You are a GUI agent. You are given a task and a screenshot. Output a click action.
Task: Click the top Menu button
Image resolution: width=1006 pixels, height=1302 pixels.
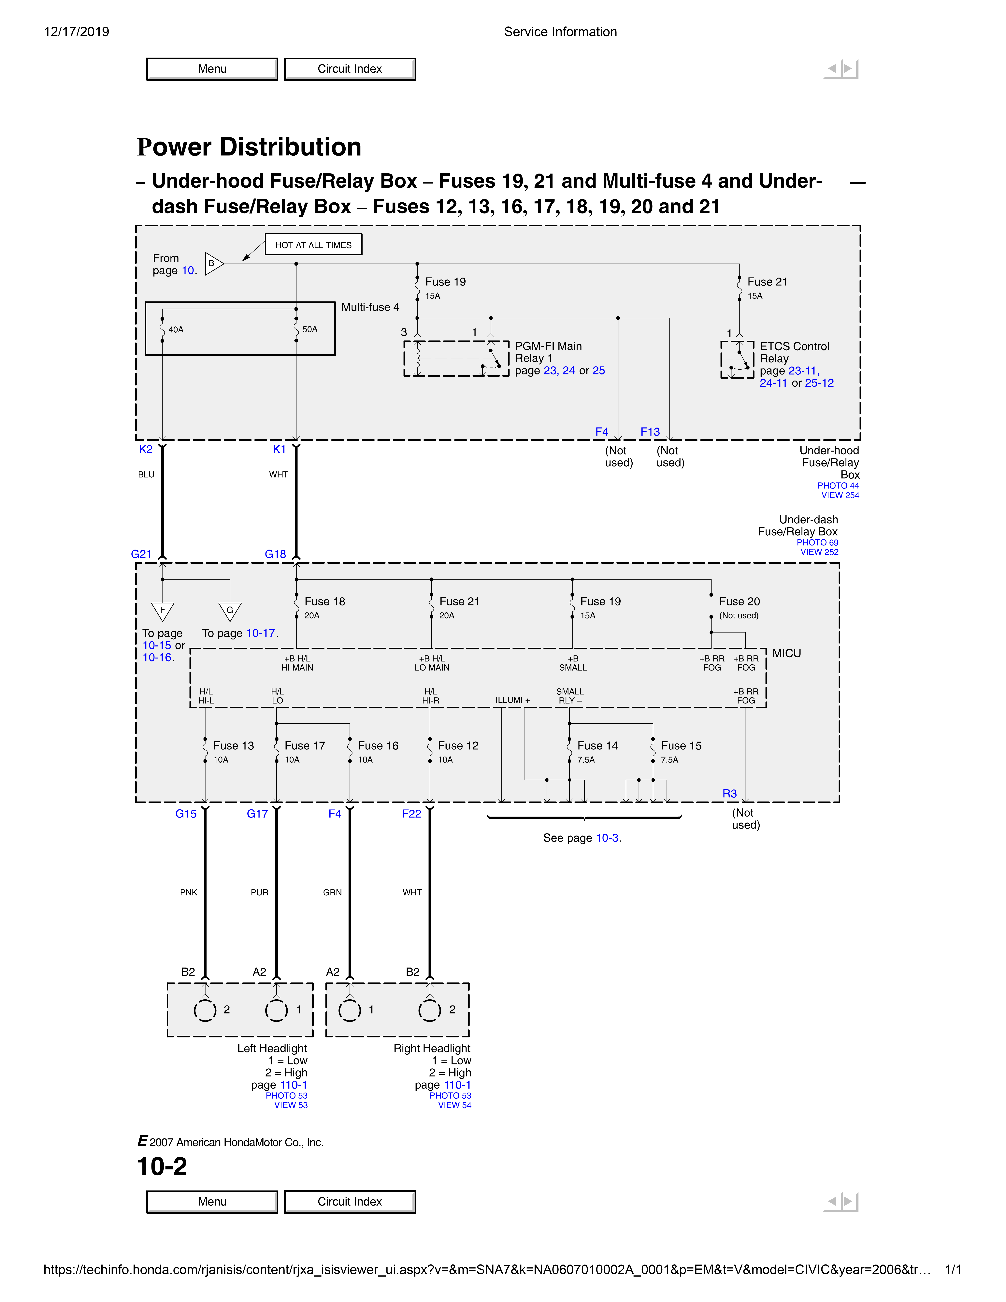click(212, 69)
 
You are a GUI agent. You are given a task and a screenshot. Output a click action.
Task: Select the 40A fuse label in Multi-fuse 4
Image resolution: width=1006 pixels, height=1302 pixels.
click(176, 330)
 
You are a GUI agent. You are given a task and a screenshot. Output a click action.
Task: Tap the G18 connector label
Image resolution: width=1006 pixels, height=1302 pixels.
click(275, 554)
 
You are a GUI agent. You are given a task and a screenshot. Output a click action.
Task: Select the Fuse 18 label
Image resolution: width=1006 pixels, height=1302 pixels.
click(325, 601)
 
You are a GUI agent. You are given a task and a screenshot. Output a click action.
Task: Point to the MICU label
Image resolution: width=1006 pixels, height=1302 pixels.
click(787, 653)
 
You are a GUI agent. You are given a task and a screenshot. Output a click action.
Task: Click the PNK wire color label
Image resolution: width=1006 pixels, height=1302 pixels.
click(188, 892)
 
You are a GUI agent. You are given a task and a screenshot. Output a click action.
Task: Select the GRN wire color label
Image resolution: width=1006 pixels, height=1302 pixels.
click(332, 892)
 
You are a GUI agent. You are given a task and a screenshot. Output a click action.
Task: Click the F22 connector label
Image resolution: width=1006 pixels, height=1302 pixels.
click(411, 814)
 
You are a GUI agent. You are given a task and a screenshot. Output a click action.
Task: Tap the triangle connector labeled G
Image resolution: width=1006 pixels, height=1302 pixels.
click(229, 611)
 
